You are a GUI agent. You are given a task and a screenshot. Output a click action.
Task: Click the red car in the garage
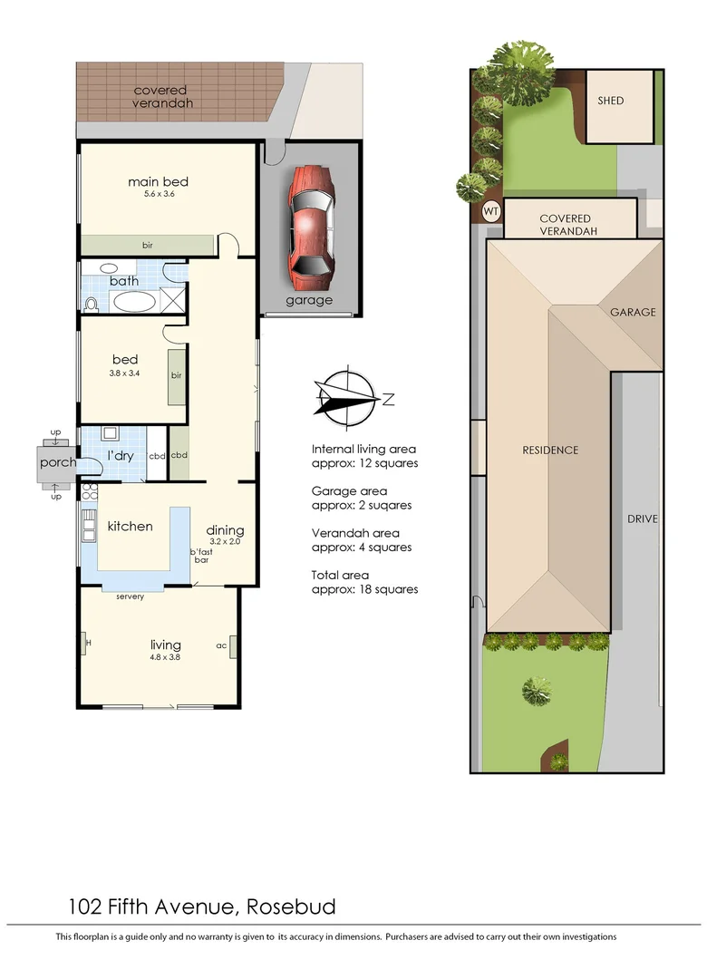point(309,222)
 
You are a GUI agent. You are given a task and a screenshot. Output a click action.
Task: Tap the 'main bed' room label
point(158,181)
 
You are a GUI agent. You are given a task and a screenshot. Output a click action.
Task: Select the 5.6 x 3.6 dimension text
point(158,194)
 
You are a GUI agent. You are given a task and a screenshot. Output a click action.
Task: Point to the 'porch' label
point(56,462)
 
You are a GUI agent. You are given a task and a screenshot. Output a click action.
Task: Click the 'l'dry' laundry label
point(121,455)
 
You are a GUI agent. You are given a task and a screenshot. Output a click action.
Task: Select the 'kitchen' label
point(131,526)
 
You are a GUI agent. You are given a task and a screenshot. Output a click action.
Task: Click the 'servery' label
point(131,596)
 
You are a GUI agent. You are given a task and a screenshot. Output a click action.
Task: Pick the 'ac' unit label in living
point(220,645)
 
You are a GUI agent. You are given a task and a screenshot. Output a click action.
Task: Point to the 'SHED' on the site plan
point(611,101)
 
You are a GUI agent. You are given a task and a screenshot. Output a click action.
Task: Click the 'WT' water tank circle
point(491,212)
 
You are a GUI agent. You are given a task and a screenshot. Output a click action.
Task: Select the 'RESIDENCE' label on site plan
point(550,450)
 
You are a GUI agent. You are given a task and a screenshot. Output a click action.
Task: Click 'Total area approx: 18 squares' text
point(364,582)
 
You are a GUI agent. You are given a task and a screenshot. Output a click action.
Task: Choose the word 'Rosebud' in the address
point(290,906)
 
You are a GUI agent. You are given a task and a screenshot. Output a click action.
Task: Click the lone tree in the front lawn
point(536,692)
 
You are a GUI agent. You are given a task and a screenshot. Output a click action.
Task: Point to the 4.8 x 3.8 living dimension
point(165,657)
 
